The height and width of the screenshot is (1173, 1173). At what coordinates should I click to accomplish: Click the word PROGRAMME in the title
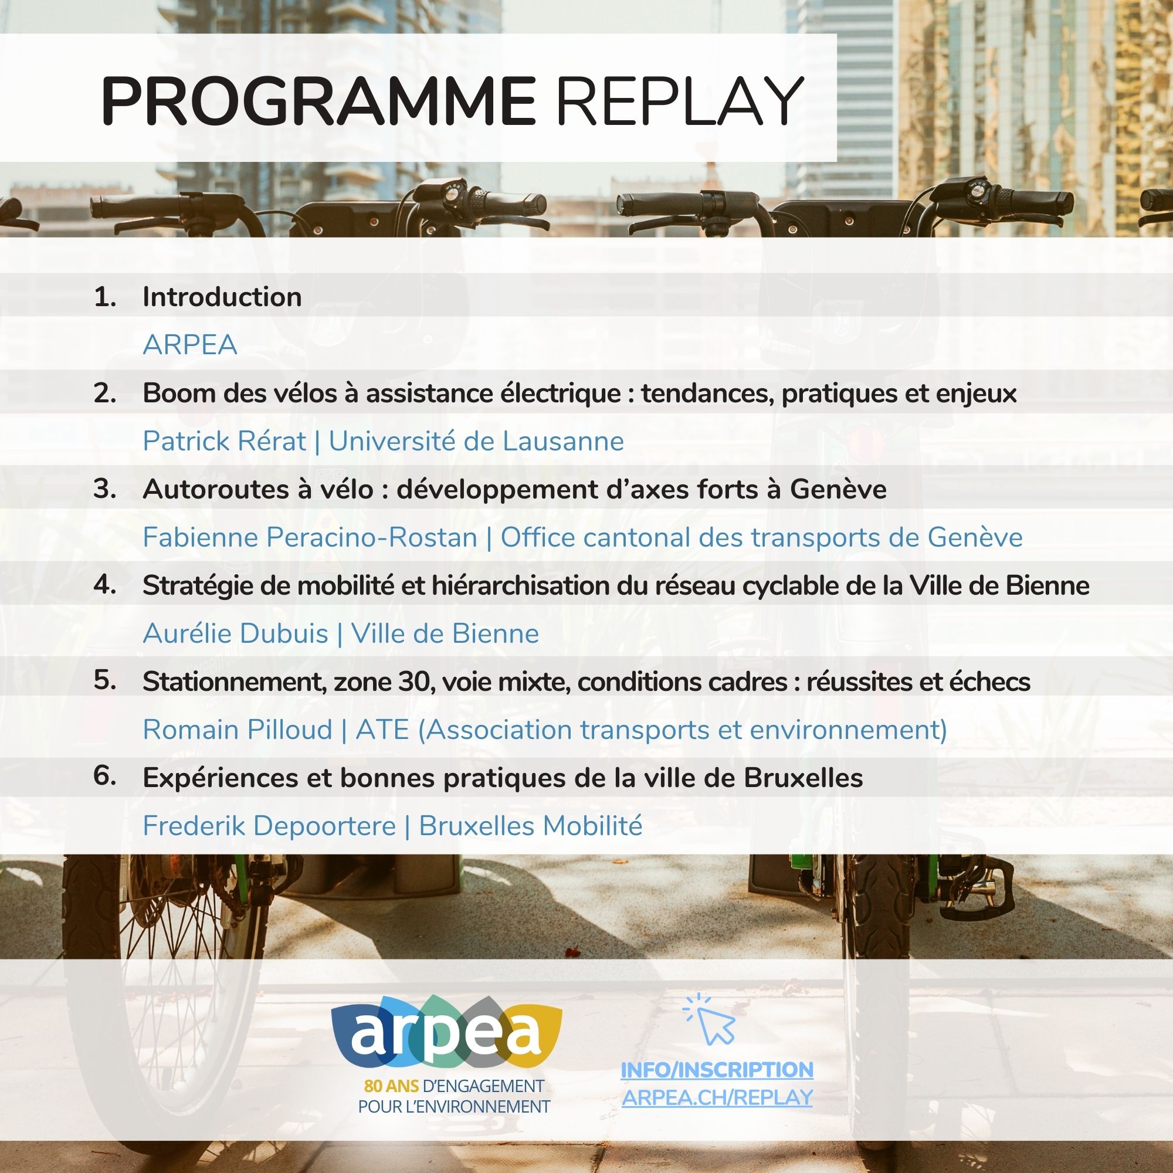pyautogui.click(x=317, y=101)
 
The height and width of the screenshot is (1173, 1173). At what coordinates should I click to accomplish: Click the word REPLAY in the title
pyautogui.click(x=679, y=101)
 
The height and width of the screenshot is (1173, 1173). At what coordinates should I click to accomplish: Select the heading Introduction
pyautogui.click(x=222, y=297)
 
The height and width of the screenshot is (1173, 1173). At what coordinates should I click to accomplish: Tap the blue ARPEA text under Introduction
pyautogui.click(x=189, y=345)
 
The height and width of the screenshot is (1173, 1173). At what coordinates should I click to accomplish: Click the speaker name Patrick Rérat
pyautogui.click(x=224, y=441)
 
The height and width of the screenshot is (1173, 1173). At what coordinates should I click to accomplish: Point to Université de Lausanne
pyautogui.click(x=476, y=441)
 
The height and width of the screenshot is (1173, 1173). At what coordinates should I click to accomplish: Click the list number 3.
pyautogui.click(x=104, y=489)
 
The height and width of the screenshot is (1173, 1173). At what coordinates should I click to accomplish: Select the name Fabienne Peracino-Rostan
pyautogui.click(x=310, y=537)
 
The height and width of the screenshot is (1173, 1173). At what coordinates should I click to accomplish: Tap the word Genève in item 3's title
pyautogui.click(x=838, y=489)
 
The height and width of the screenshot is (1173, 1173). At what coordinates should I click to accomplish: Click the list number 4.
pyautogui.click(x=104, y=585)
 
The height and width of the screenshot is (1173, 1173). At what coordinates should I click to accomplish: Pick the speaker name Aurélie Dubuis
pyautogui.click(x=235, y=633)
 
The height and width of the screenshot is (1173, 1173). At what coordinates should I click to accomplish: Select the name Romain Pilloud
pyautogui.click(x=238, y=729)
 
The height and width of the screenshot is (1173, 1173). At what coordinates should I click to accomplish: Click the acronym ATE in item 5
pyautogui.click(x=382, y=729)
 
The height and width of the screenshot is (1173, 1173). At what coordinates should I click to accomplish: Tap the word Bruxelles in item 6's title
pyautogui.click(x=804, y=778)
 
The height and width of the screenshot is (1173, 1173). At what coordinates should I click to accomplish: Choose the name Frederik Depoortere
pyautogui.click(x=269, y=826)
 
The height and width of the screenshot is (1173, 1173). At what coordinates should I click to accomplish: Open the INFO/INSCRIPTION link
pyautogui.click(x=717, y=1070)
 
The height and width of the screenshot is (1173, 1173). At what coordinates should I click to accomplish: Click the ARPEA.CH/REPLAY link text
pyautogui.click(x=717, y=1098)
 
